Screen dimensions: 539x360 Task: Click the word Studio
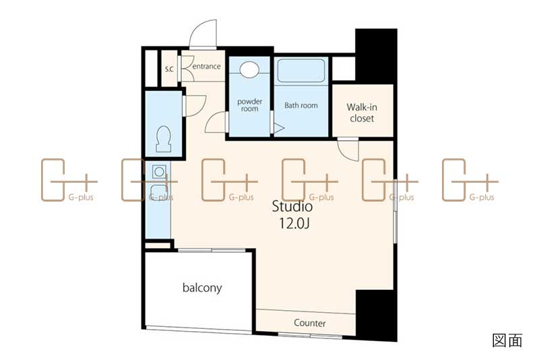pos(292,206)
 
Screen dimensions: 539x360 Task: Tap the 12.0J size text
pos(294,224)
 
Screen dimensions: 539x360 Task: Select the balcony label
pos(202,287)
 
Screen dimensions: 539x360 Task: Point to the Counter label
pos(310,323)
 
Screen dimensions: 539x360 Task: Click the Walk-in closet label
pos(362,113)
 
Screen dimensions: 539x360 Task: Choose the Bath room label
pos(301,106)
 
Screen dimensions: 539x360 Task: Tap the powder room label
pos(249,105)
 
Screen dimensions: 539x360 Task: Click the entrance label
pos(206,66)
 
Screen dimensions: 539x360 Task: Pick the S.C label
pos(169,69)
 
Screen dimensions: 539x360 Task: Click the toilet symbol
pos(164,139)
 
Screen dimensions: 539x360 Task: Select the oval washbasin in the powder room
pos(249,70)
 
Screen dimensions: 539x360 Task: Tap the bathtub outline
pos(300,71)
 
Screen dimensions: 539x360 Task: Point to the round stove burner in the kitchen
pos(159,171)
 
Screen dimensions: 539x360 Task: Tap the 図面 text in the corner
pos(507,340)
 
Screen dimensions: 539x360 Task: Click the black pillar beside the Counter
pos(377,315)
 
